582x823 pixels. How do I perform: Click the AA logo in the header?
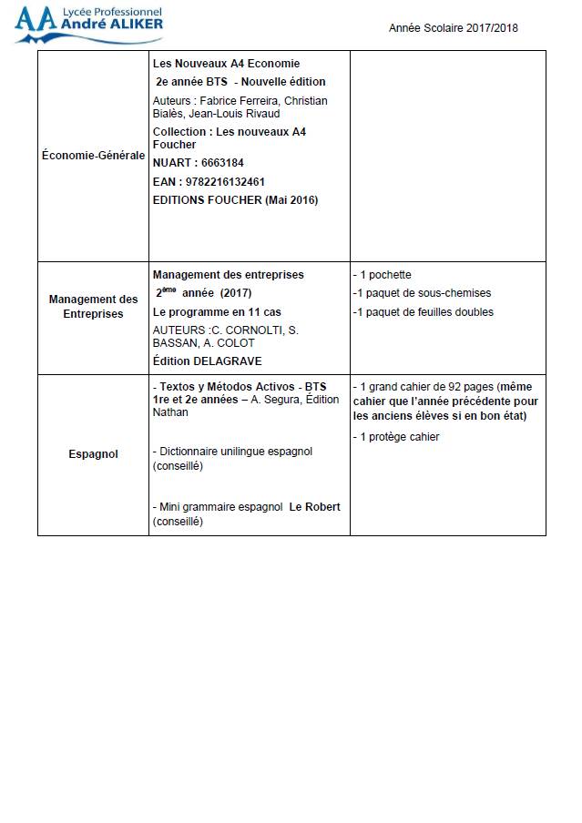pos(35,19)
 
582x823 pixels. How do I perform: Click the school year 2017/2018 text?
pos(453,28)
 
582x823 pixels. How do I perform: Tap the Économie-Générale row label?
pos(93,156)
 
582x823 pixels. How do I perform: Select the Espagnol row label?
pos(93,453)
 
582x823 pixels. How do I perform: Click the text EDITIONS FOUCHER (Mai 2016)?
pos(235,200)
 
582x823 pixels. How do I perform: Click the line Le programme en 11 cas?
pos(217,312)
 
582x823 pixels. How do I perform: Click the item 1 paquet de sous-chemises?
pos(421,293)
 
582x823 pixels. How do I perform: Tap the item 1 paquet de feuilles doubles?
pos(423,312)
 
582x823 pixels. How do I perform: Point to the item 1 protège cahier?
pos(395,437)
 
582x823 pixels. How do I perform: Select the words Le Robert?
pos(314,507)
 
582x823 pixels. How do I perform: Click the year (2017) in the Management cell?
pos(235,293)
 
